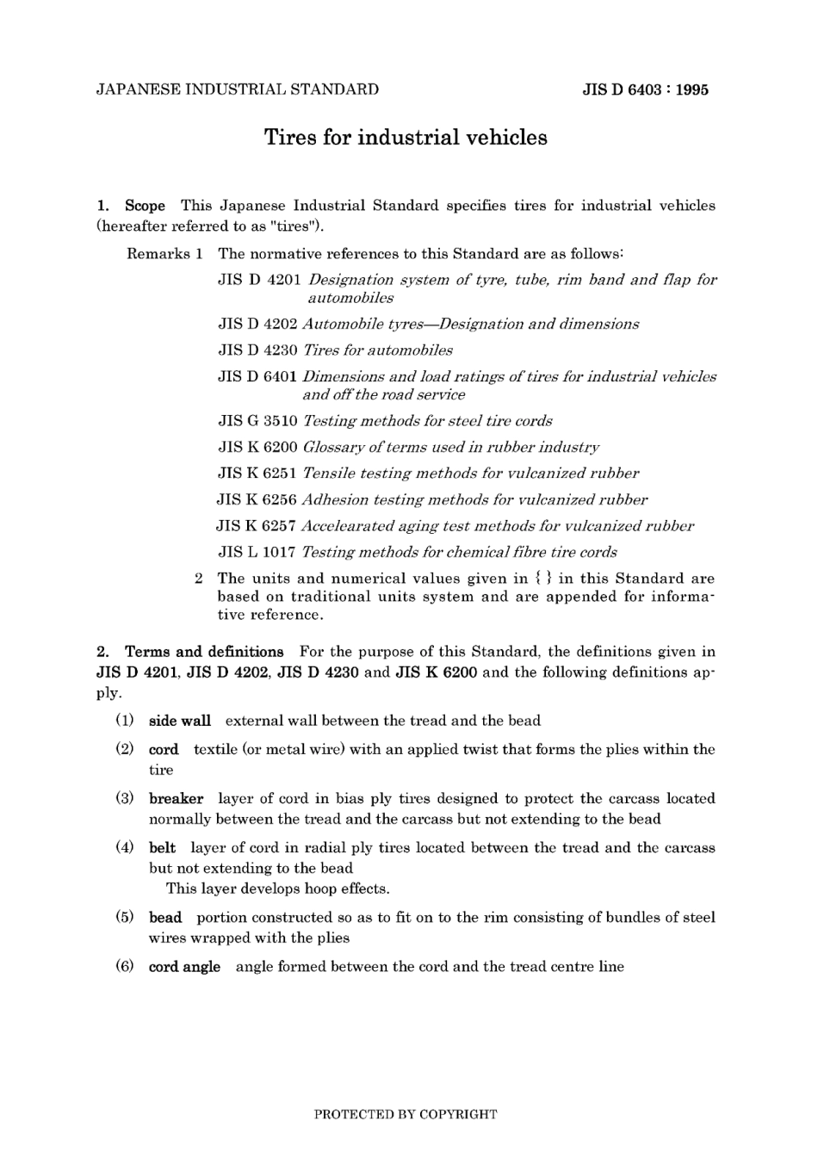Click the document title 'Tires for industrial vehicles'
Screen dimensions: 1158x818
point(405,138)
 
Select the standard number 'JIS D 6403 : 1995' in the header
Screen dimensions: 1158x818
point(645,90)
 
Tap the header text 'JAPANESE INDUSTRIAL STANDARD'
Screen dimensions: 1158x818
point(238,90)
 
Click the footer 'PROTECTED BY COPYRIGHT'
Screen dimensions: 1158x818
point(405,1114)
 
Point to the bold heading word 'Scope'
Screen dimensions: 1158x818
point(145,206)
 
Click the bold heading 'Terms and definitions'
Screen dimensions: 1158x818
point(204,652)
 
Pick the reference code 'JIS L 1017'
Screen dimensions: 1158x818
point(257,552)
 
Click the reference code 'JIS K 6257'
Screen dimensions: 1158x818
point(256,526)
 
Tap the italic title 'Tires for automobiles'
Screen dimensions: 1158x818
point(378,350)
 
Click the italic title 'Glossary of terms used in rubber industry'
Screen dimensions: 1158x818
point(451,448)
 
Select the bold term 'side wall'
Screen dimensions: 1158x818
point(179,721)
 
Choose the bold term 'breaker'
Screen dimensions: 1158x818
point(176,799)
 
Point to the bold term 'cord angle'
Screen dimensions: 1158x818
point(184,967)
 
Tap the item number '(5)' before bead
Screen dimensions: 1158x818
point(125,917)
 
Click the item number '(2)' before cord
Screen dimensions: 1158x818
point(125,749)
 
